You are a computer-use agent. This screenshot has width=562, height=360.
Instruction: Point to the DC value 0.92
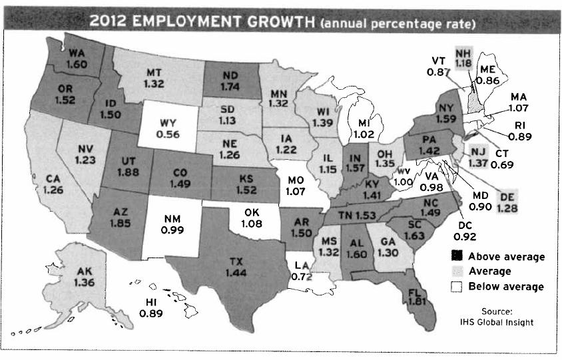click(465, 235)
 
